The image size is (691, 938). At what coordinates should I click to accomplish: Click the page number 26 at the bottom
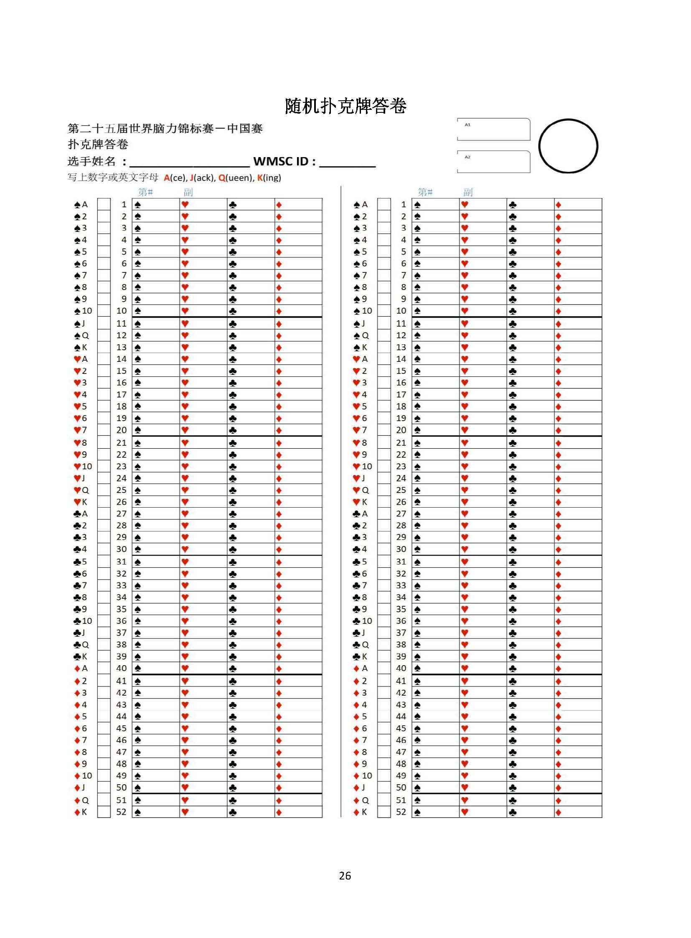click(x=345, y=876)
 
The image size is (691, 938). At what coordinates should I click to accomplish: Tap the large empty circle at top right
click(x=568, y=146)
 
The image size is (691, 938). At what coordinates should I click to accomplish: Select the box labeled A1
click(x=493, y=129)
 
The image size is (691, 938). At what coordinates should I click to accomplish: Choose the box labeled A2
click(x=493, y=162)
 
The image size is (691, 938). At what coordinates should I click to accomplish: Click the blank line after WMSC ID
click(x=347, y=163)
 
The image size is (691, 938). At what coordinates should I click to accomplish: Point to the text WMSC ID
click(x=284, y=162)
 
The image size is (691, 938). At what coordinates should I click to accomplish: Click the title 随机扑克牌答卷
click(x=345, y=106)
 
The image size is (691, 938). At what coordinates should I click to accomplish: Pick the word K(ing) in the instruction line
click(x=269, y=178)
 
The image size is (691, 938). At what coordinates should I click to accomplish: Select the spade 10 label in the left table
click(x=83, y=311)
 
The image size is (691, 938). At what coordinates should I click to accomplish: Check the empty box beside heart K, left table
click(x=104, y=502)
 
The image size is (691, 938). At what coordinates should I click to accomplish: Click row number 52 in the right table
click(x=401, y=812)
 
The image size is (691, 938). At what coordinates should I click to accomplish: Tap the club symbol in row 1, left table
click(x=233, y=205)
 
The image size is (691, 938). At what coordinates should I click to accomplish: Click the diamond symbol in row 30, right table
click(x=558, y=550)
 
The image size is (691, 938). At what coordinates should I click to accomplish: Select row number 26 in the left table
click(x=121, y=502)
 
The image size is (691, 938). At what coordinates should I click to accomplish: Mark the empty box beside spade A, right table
click(x=384, y=205)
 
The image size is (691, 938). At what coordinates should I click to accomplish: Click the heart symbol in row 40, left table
click(x=185, y=669)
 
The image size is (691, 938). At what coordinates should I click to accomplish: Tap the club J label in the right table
click(x=359, y=633)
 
